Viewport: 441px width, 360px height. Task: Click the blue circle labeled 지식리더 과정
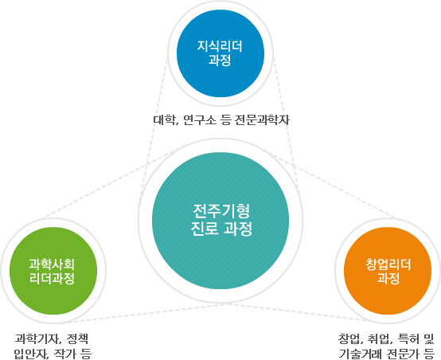point(220,53)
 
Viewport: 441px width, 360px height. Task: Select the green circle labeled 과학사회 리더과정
point(53,271)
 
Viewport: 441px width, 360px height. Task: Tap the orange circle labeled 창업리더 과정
point(388,271)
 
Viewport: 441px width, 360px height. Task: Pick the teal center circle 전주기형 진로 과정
point(220,221)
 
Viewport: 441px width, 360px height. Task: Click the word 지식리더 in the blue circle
point(220,46)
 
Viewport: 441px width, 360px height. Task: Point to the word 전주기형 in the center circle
point(221,211)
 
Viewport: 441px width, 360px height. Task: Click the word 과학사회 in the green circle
point(52,264)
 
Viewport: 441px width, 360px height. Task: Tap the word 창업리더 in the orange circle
point(388,264)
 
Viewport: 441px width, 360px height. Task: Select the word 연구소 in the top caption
point(200,120)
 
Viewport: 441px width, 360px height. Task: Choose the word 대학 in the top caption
point(164,120)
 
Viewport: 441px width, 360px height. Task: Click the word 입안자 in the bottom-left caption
point(29,354)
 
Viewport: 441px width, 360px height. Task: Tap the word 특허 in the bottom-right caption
point(408,338)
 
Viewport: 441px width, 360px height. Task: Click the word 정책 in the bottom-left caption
point(78,338)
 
